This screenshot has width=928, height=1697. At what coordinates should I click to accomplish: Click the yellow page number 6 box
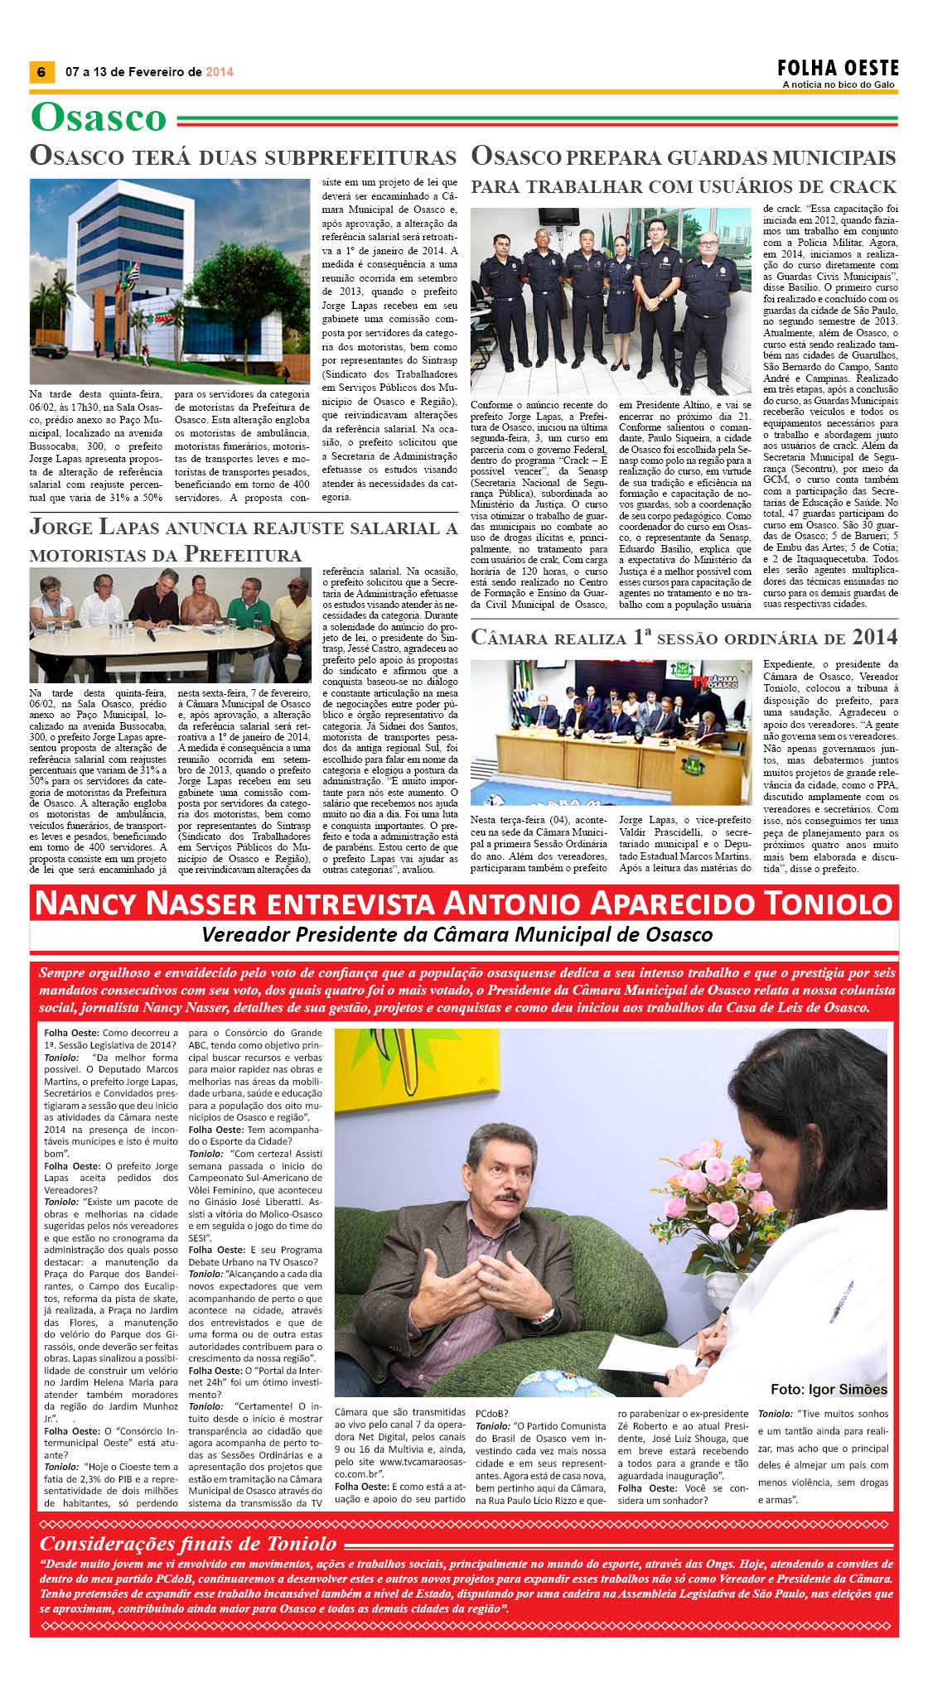pyautogui.click(x=41, y=71)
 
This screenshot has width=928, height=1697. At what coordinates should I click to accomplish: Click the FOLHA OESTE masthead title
pyautogui.click(x=838, y=68)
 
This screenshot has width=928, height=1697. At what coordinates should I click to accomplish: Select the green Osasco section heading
pyautogui.click(x=99, y=118)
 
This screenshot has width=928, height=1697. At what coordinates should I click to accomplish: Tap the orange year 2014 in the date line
pyautogui.click(x=220, y=72)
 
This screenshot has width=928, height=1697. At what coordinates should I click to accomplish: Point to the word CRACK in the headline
pyautogui.click(x=858, y=186)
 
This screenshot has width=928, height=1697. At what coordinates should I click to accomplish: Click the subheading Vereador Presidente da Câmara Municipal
pyautogui.click(x=457, y=935)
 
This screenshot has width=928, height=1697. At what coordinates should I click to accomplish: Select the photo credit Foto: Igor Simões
pyautogui.click(x=829, y=1389)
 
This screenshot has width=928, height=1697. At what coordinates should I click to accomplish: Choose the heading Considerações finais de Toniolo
pyautogui.click(x=188, y=1543)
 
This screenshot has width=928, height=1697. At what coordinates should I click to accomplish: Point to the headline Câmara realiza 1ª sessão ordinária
pyautogui.click(x=684, y=637)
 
